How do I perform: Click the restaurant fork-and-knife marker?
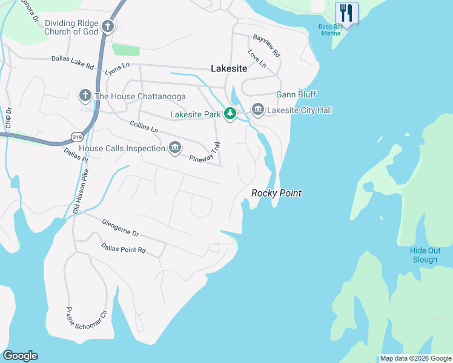(x=346, y=11)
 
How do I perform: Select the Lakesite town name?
(x=229, y=69)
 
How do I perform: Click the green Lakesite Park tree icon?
(x=230, y=113)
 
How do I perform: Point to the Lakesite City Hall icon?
(x=257, y=110)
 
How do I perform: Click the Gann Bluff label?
(x=296, y=95)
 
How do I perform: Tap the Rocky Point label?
(x=276, y=193)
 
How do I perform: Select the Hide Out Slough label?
(x=424, y=255)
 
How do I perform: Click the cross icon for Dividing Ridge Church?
(x=108, y=26)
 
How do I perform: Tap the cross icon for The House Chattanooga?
(x=85, y=96)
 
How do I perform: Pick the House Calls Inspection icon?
(x=175, y=148)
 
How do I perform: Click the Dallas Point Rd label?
(x=124, y=248)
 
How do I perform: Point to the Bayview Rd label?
(x=267, y=45)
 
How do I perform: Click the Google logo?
(x=20, y=356)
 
